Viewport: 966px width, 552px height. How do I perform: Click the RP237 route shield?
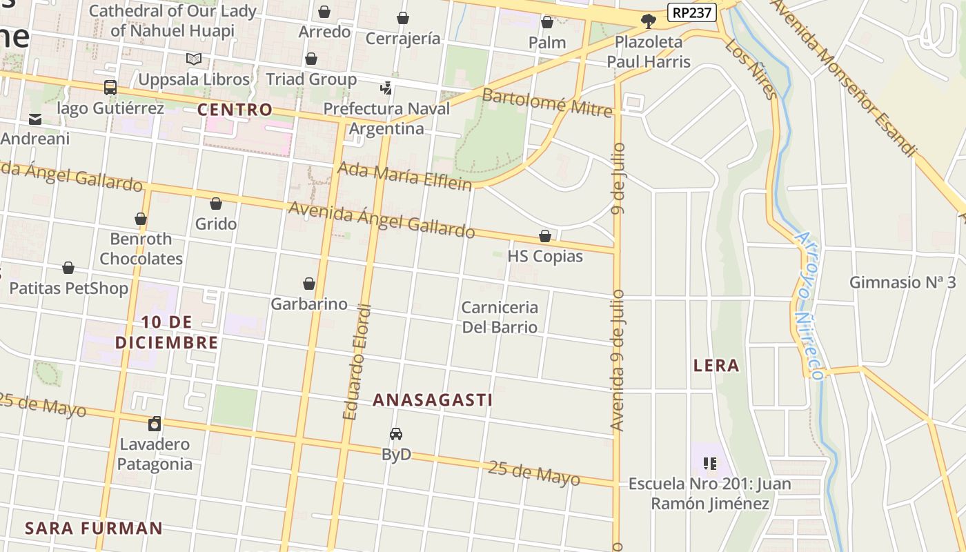click(x=692, y=12)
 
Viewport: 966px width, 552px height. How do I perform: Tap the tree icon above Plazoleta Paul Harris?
click(x=648, y=21)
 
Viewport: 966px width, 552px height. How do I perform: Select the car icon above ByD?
click(x=396, y=434)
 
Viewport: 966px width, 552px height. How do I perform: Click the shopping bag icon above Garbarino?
click(x=309, y=284)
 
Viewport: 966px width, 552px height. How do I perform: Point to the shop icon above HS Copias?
click(x=545, y=236)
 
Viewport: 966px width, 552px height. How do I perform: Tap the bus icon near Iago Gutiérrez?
click(x=110, y=88)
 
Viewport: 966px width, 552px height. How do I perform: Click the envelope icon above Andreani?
click(x=35, y=119)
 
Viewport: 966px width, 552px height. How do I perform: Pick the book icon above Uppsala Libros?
click(x=194, y=59)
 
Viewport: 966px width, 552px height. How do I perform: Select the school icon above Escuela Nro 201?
click(x=710, y=463)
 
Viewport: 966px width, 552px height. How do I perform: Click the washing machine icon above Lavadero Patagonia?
click(x=155, y=424)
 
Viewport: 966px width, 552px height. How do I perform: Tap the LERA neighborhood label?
click(x=716, y=366)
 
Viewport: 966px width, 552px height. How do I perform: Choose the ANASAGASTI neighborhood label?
click(x=433, y=400)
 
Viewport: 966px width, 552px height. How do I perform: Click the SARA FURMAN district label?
click(x=94, y=529)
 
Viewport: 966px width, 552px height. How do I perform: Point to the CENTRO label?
click(x=235, y=110)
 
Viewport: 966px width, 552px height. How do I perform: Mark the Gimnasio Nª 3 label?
click(x=903, y=282)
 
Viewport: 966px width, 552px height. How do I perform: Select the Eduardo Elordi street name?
click(x=357, y=362)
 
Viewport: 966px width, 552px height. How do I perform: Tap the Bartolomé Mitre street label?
click(x=547, y=102)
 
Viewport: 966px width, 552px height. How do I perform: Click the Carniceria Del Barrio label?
click(x=500, y=317)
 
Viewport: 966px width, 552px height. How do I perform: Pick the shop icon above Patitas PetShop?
click(x=68, y=268)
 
